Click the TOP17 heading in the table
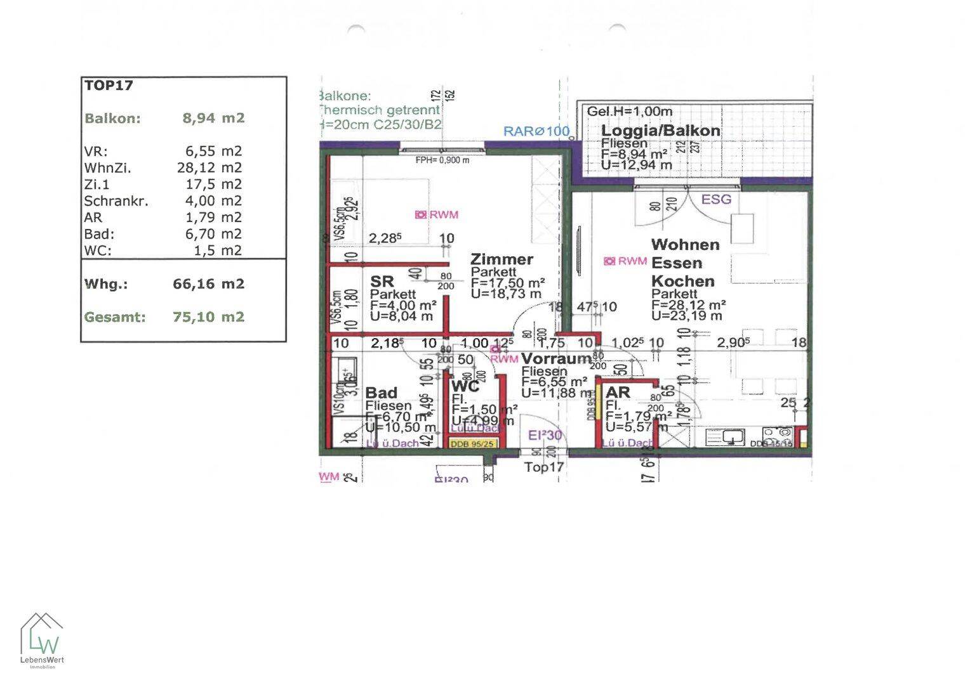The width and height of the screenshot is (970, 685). click(x=109, y=86)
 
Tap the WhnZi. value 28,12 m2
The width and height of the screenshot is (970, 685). click(x=209, y=167)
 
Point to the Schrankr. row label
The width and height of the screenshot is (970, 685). click(x=116, y=201)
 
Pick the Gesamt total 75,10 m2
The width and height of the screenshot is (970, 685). click(x=208, y=316)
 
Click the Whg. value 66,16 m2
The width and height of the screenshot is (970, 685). click(x=208, y=284)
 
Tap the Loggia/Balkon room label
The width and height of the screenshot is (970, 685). click(x=660, y=131)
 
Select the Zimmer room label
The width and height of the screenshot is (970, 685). click(x=502, y=259)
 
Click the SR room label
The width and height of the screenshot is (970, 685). click(x=382, y=281)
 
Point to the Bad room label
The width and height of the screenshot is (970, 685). click(x=381, y=393)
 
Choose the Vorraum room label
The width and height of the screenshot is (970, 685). click(x=556, y=359)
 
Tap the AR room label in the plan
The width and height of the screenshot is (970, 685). click(x=617, y=393)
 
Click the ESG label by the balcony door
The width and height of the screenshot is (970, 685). click(x=716, y=199)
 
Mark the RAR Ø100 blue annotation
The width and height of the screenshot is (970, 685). click(x=536, y=131)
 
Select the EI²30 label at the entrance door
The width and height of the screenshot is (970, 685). click(x=545, y=435)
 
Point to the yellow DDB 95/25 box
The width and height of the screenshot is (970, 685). click(x=472, y=444)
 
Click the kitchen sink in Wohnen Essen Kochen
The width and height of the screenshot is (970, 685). click(x=735, y=436)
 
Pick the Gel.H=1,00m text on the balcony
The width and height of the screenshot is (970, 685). click(x=629, y=111)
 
